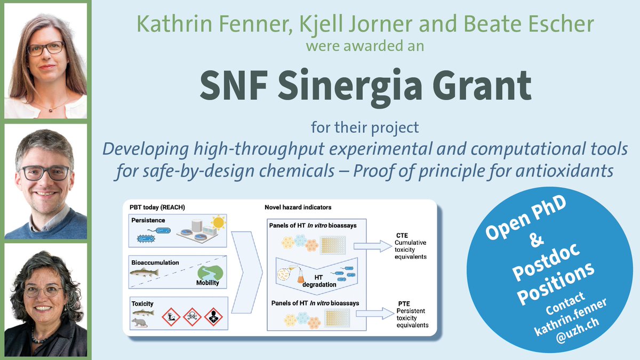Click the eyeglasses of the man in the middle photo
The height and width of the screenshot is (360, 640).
tap(45, 173)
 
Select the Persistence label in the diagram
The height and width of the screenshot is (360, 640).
tap(148, 219)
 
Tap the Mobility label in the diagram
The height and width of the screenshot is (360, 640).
tap(207, 283)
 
